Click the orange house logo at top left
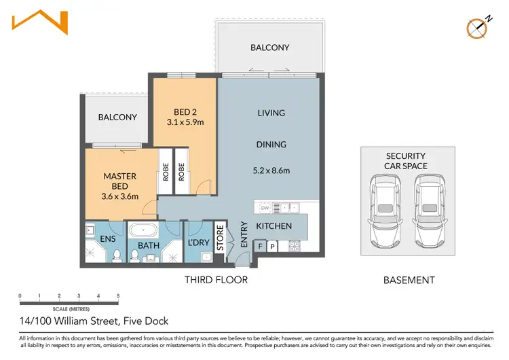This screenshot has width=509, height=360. pyautogui.click(x=40, y=23)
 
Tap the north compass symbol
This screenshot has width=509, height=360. pyautogui.click(x=478, y=26)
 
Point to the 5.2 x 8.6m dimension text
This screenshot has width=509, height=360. pyautogui.click(x=271, y=170)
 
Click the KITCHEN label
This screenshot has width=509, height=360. pyautogui.click(x=274, y=226)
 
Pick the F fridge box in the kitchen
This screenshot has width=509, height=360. pyautogui.click(x=261, y=246)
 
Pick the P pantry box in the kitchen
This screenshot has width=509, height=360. pyautogui.click(x=273, y=246)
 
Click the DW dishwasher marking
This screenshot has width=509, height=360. pyautogui.click(x=265, y=208)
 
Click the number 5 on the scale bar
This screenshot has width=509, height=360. pyautogui.click(x=118, y=296)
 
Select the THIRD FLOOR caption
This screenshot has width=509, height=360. pyautogui.click(x=216, y=280)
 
